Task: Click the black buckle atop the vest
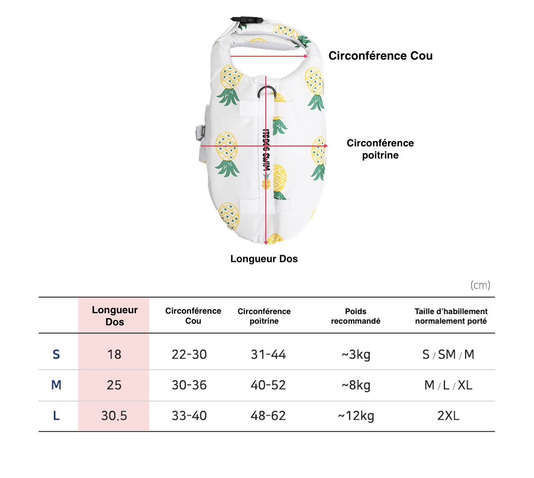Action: pos(246,20)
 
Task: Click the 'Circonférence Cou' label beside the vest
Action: pos(380,56)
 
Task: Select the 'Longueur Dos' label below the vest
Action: pos(264,259)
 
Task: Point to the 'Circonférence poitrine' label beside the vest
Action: pos(380,149)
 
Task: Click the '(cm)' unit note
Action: pos(480,285)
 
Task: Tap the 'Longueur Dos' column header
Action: pos(115,316)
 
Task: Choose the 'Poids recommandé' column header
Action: pos(355,316)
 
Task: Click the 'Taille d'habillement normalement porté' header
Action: pos(451,316)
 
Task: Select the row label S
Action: pos(56,355)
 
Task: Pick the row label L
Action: pos(56,416)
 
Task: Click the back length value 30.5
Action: pos(114,416)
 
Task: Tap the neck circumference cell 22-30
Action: pos(189,355)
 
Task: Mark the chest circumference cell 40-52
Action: pos(268,385)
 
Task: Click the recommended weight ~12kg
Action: pos(356,416)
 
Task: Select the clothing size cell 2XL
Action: pos(448,416)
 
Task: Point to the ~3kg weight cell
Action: pos(356,355)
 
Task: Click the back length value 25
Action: pos(114,385)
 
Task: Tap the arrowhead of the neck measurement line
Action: pos(306,56)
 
